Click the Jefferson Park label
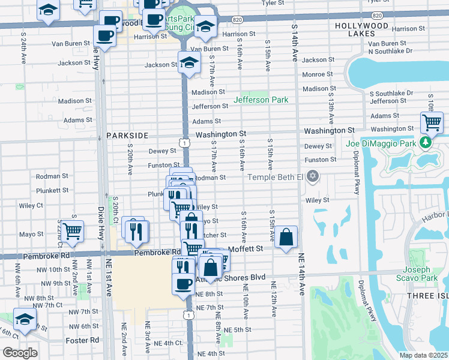pos(261,100)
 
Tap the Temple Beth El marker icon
pos(312,176)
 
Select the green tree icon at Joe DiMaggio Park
pos(426,142)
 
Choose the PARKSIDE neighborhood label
pos(127,136)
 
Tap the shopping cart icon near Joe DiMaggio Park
pos(432,122)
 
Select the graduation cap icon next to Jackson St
pos(189,62)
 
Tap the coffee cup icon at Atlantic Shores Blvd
pos(184,283)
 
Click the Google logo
pos(19,353)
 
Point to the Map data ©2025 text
pos(423,355)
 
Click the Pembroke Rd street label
pos(157,253)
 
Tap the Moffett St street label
pos(246,248)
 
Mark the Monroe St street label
pos(318,74)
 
